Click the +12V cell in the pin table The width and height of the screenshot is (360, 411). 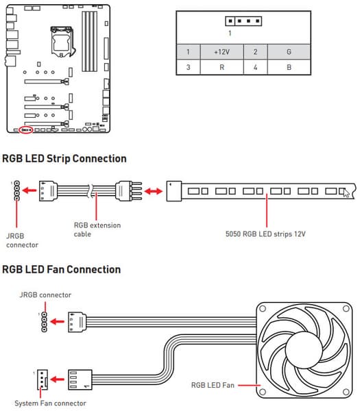coord(221,52)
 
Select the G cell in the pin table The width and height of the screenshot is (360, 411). coord(289,52)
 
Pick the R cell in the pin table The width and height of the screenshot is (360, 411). coord(221,67)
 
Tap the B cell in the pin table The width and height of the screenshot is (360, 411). coord(289,67)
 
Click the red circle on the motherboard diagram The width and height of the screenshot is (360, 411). coord(26,126)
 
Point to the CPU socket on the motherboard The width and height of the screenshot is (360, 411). coord(62,41)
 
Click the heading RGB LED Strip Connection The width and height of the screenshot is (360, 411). coord(64,159)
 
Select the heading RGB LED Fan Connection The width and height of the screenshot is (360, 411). coord(62,269)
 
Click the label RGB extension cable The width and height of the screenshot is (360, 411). coord(97,229)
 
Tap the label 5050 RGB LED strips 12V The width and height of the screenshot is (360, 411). coord(265,234)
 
